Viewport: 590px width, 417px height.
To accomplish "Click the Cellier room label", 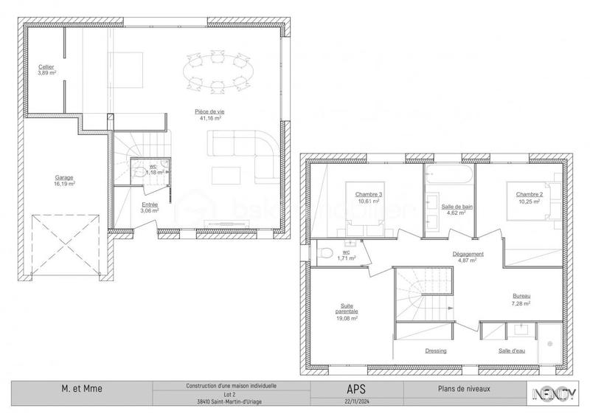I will click(x=46, y=67).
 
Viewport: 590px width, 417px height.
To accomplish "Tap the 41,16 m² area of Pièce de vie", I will click(x=209, y=118).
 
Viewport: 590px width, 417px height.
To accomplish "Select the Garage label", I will click(x=65, y=177).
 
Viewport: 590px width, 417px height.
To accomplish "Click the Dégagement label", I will click(x=468, y=254).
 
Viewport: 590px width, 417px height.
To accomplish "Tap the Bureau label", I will click(x=521, y=296).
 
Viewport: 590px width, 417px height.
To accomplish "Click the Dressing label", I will click(x=435, y=351).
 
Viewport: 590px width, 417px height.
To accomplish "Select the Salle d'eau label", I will click(x=511, y=351).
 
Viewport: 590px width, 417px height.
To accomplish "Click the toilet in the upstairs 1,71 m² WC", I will click(x=322, y=253).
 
